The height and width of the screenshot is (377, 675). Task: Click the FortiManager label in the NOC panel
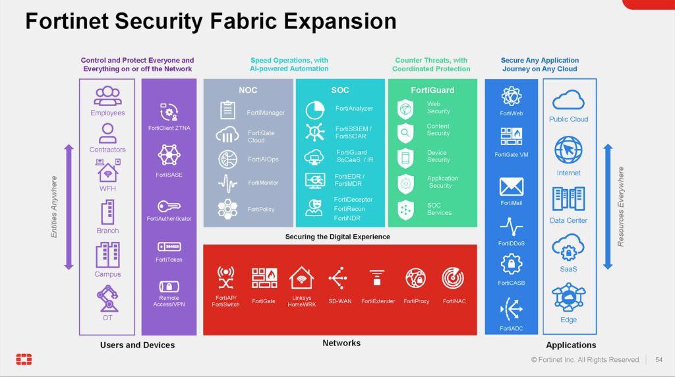coord(266,113)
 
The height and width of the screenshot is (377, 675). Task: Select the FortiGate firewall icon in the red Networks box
coord(264,277)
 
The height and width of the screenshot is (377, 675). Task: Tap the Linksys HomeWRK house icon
coord(301,277)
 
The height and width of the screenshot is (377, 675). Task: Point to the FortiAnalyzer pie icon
coord(315,110)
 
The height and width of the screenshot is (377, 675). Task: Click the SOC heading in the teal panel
coord(340,90)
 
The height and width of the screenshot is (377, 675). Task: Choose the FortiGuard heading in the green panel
coord(432,90)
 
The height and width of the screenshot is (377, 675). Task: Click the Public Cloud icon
coord(568,101)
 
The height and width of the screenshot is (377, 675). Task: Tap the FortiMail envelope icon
coord(511,187)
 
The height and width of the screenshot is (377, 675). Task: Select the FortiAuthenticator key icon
coord(169,206)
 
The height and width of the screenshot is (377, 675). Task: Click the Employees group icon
coord(107,96)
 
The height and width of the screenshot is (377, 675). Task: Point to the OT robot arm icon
coord(107,298)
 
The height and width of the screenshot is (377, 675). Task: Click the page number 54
coord(659,360)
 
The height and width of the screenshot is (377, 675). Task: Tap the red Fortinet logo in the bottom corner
coord(24,359)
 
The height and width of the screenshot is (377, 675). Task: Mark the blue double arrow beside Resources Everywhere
coord(608,206)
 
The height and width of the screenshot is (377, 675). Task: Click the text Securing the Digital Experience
coord(337,237)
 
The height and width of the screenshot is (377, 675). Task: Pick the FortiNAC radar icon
coord(454,278)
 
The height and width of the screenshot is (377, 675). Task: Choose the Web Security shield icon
coord(405,109)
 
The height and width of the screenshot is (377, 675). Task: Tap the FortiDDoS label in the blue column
coord(511,243)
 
